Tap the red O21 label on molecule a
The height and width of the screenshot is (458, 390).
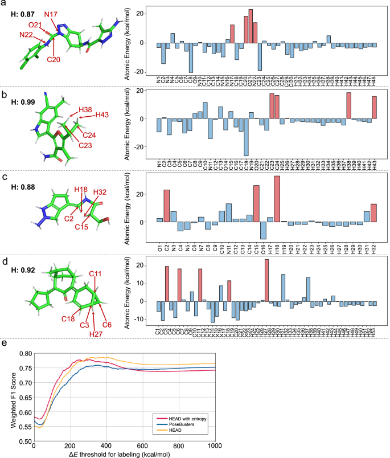point(35,24)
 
